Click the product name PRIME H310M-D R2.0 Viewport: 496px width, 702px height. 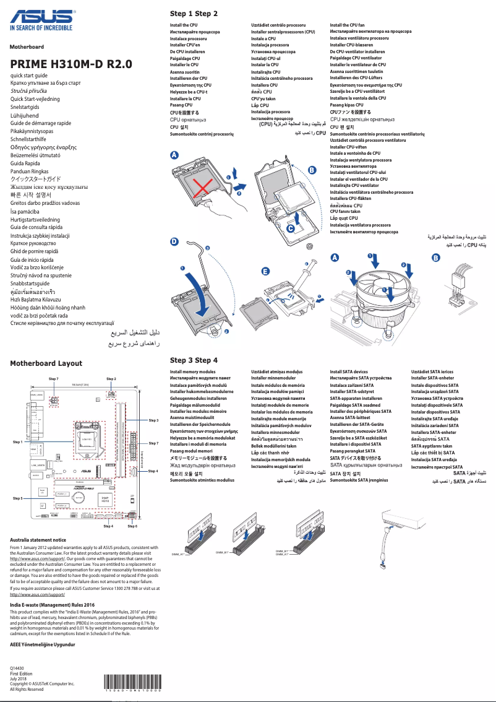71,64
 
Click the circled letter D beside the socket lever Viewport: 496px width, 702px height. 174,243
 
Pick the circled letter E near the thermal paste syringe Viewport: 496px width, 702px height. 265,272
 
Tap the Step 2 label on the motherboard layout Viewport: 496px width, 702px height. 111,378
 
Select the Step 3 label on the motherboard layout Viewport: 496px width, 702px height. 154,420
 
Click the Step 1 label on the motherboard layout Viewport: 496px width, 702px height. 18,443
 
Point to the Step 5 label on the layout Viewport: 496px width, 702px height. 18,498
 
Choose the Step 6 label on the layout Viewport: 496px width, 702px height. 132,526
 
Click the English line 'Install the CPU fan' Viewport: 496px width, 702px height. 347,25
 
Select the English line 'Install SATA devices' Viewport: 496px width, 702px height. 349,372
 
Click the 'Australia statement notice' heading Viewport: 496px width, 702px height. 38,540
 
